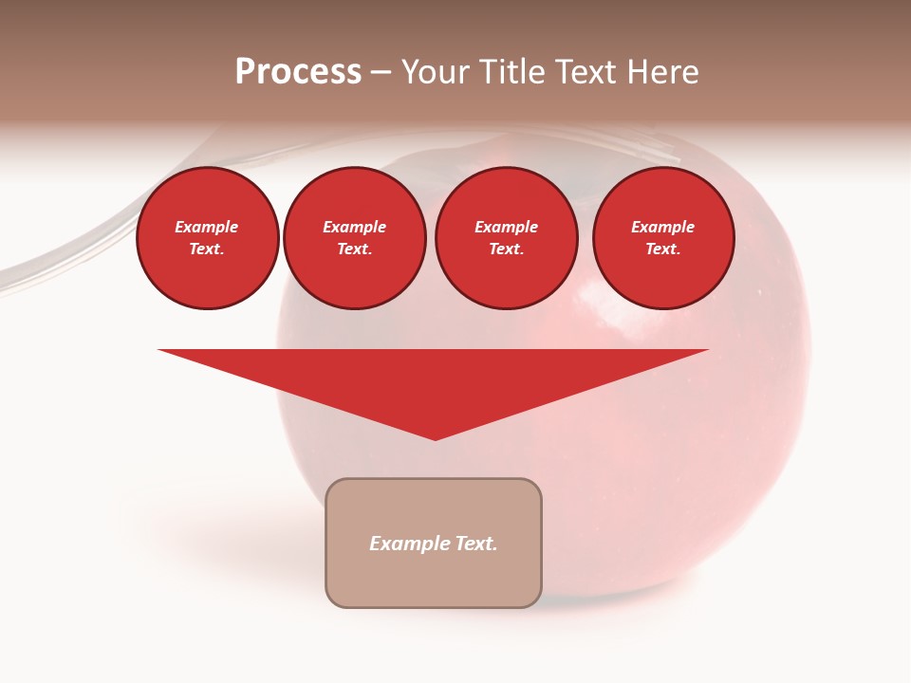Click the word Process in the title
(x=298, y=72)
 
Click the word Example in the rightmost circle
(x=663, y=227)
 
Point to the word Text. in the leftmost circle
(x=207, y=249)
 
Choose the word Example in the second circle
(x=355, y=227)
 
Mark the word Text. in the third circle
(x=507, y=249)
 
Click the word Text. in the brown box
(x=477, y=544)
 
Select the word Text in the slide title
(x=585, y=72)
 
